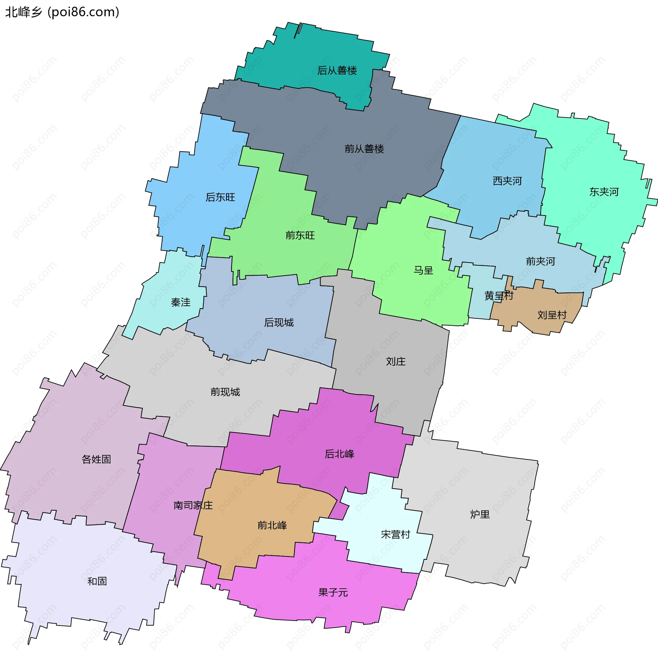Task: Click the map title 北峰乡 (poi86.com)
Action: click(x=62, y=12)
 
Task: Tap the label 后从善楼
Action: click(x=337, y=71)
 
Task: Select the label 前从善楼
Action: click(x=364, y=149)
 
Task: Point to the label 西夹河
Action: click(x=507, y=181)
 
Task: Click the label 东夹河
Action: click(x=604, y=192)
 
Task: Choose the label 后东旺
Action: click(x=220, y=197)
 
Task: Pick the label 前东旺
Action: click(x=300, y=236)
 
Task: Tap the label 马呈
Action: click(x=423, y=270)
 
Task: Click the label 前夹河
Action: click(x=540, y=261)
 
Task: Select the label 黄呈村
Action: click(x=498, y=296)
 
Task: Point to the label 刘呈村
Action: click(x=552, y=315)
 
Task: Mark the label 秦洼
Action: click(x=180, y=302)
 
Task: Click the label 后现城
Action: click(x=279, y=323)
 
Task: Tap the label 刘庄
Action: click(x=395, y=362)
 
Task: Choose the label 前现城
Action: click(x=225, y=392)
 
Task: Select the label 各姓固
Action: click(x=96, y=459)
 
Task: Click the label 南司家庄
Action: click(x=193, y=505)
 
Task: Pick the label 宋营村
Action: click(x=395, y=534)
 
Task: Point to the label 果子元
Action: click(x=333, y=592)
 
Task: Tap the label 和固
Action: click(x=97, y=581)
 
